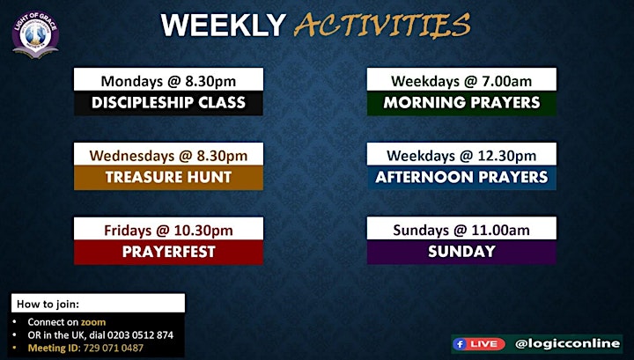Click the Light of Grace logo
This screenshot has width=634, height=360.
[x=35, y=35]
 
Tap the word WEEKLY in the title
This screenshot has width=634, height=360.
[x=223, y=26]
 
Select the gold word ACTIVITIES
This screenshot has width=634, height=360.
[x=382, y=26]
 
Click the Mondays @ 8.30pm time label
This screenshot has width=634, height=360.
[x=168, y=81]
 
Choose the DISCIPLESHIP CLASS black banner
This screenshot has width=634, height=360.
[x=168, y=104]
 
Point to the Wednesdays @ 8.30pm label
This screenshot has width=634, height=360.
[x=168, y=156]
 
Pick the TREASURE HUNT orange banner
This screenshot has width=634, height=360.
[x=168, y=178]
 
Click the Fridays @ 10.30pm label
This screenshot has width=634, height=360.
[x=168, y=231]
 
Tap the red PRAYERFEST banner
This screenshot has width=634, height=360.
[x=168, y=253]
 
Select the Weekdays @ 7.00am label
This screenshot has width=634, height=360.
[x=461, y=81]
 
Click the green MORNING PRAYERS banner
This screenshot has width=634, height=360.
[x=461, y=104]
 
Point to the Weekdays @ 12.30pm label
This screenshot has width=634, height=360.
[x=461, y=156]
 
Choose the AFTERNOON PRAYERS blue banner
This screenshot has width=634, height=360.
[x=461, y=178]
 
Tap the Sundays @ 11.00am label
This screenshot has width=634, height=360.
[x=461, y=231]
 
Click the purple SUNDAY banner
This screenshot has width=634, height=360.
[x=461, y=252]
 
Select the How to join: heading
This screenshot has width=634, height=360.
[x=48, y=304]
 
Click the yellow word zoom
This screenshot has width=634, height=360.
[x=93, y=322]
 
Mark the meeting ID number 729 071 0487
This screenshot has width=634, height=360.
[x=114, y=348]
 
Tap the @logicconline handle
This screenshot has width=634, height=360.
[x=567, y=344]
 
